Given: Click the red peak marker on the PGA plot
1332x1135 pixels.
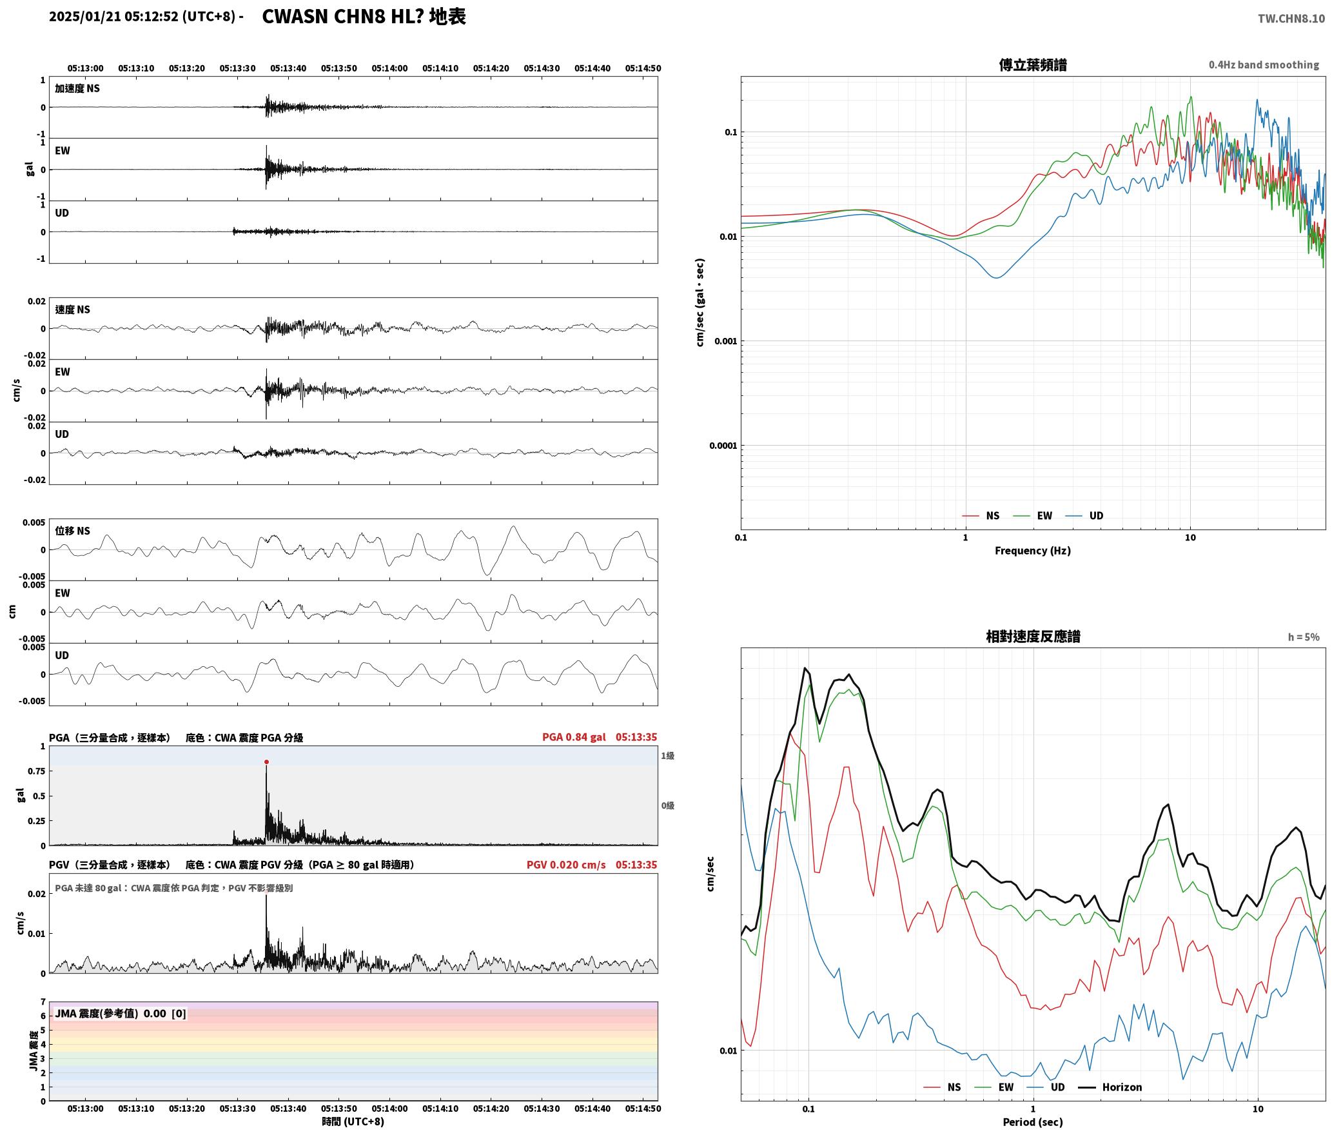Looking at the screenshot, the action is coord(266,762).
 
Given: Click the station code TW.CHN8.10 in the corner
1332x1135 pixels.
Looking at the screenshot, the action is coord(1291,19).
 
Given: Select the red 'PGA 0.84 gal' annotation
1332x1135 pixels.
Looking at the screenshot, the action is coord(574,737).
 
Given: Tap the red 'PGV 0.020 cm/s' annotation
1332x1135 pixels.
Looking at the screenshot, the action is coord(566,865).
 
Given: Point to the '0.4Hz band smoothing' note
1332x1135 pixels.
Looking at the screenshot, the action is coord(1264,64).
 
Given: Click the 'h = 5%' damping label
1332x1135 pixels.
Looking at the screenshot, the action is coord(1304,637).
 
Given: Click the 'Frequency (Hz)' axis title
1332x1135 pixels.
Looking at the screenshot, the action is coord(1032,551).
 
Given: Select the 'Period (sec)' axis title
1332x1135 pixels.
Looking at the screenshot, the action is coord(1032,1122).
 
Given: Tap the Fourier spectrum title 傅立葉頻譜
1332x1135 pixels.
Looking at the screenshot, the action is coord(1032,64).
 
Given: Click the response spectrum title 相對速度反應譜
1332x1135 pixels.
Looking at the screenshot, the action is coord(1033,637).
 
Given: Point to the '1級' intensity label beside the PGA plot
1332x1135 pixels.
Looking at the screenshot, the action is coord(667,756).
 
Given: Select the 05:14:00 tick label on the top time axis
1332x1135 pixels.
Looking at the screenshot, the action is coord(389,68).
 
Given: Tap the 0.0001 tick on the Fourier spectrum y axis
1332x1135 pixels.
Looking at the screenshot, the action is coord(723,446).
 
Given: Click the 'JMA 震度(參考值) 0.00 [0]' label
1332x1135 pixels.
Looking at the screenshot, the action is coord(121,1014).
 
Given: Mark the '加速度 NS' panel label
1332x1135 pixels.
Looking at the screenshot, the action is coord(77,88).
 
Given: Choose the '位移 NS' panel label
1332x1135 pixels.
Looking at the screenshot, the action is coord(72,531).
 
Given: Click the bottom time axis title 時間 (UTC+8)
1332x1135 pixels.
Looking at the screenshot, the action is coord(353,1121).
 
